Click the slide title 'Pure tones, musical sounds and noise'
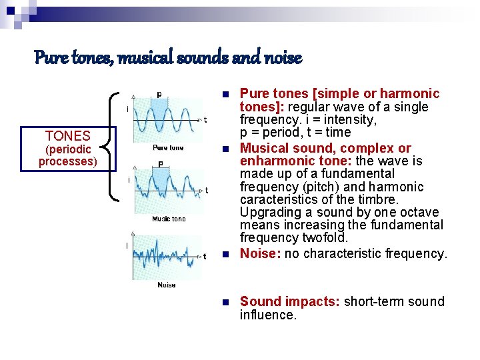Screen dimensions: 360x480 pyautogui.click(x=168, y=59)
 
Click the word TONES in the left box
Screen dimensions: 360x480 pyautogui.click(x=67, y=137)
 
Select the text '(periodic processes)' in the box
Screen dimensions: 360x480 pyautogui.click(x=67, y=155)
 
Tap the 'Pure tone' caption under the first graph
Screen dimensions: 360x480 pyautogui.click(x=168, y=147)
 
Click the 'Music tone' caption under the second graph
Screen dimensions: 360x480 pyautogui.click(x=169, y=219)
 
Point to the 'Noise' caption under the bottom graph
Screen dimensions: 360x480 pyautogui.click(x=167, y=285)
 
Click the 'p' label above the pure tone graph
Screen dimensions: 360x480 pyautogui.click(x=159, y=94)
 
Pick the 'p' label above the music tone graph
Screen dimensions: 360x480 pyautogui.click(x=161, y=163)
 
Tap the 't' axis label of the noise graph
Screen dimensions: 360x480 pyautogui.click(x=205, y=256)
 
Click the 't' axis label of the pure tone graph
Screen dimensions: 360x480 pyautogui.click(x=205, y=121)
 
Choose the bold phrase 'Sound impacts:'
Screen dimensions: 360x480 pyautogui.click(x=291, y=301)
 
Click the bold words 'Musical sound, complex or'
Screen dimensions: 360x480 pyautogui.click(x=325, y=148)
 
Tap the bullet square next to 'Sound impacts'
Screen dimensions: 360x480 pyautogui.click(x=226, y=302)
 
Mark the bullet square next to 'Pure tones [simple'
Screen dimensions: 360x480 pyautogui.click(x=226, y=94)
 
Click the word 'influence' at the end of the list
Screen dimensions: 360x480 pyautogui.click(x=267, y=315)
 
